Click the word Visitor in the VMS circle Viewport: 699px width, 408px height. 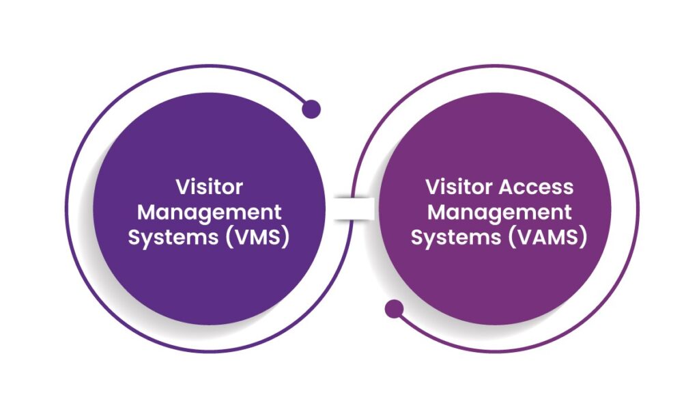click(210, 187)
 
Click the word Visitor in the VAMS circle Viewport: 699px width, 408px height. click(455, 187)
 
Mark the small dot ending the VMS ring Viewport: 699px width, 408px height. click(311, 109)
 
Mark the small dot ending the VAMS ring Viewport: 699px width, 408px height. click(394, 310)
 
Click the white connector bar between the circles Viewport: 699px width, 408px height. click(354, 209)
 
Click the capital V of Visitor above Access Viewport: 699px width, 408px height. click(432, 187)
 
